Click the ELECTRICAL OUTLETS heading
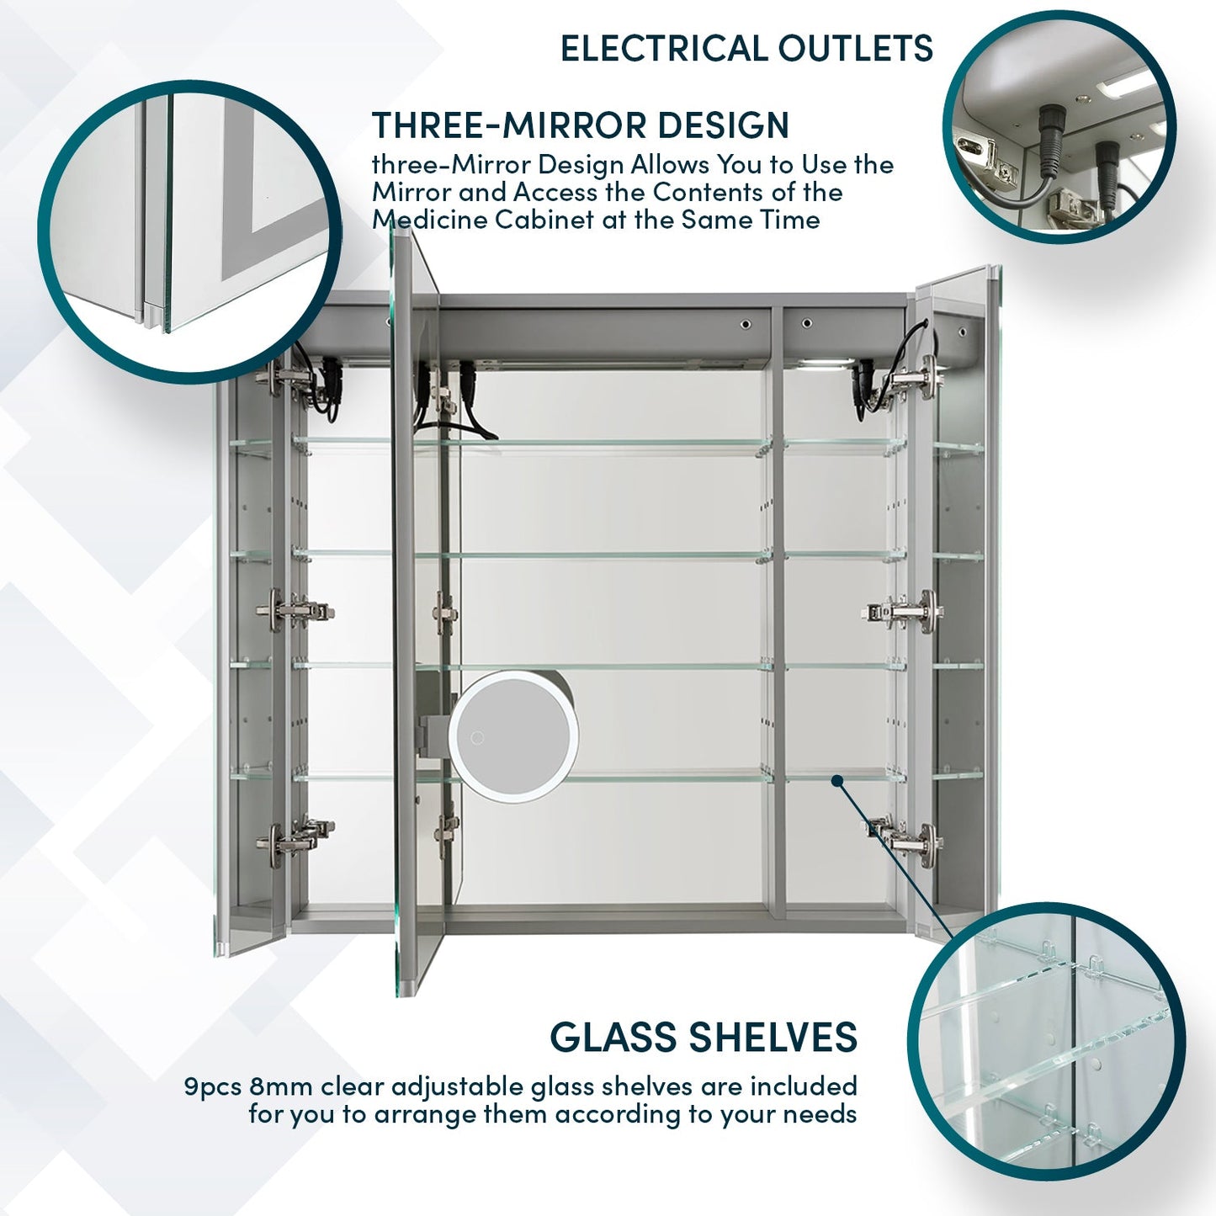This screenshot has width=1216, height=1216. click(746, 48)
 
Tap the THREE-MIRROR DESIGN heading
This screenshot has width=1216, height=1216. click(581, 125)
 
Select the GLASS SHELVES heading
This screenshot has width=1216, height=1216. click(704, 1037)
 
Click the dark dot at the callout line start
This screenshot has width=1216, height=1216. click(836, 781)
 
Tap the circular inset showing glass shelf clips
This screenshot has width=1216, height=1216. click(1046, 1041)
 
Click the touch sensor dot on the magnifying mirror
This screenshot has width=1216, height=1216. click(478, 738)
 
